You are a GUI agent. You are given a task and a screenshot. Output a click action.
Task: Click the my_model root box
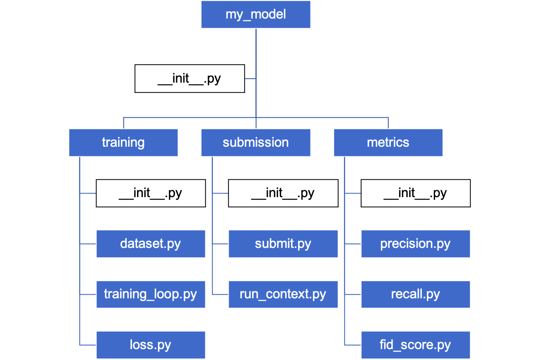tap(256, 15)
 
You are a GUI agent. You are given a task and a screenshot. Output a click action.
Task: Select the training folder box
tap(123, 142)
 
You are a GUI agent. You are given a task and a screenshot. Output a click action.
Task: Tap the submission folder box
tap(256, 142)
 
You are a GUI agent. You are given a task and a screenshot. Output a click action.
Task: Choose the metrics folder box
tap(388, 142)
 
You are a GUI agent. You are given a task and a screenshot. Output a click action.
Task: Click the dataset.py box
tap(150, 244)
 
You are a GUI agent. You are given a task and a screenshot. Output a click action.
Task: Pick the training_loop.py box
tap(150, 294)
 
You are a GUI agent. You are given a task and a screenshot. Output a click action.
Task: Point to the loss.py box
tap(150, 345)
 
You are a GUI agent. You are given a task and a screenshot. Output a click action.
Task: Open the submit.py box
tap(283, 244)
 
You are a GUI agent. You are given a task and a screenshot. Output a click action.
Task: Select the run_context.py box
tap(283, 294)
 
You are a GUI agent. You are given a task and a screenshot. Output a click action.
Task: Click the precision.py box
tap(415, 244)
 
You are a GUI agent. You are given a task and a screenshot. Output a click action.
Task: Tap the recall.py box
tap(415, 294)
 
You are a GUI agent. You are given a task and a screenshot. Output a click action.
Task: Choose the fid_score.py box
tap(415, 345)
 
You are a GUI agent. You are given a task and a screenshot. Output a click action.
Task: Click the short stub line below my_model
tap(250, 79)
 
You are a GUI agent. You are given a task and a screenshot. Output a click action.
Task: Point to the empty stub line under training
tap(88, 194)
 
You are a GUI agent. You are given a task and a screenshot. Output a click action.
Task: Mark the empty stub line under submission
tap(220, 194)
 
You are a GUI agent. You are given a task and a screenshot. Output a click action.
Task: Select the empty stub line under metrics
tap(353, 194)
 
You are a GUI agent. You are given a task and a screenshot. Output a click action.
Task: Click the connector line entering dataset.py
tap(88, 244)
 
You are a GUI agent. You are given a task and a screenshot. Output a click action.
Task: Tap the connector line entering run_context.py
tap(220, 295)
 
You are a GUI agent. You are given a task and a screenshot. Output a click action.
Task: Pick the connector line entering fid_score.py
tap(353, 345)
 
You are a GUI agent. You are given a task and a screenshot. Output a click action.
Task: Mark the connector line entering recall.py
tap(353, 295)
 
